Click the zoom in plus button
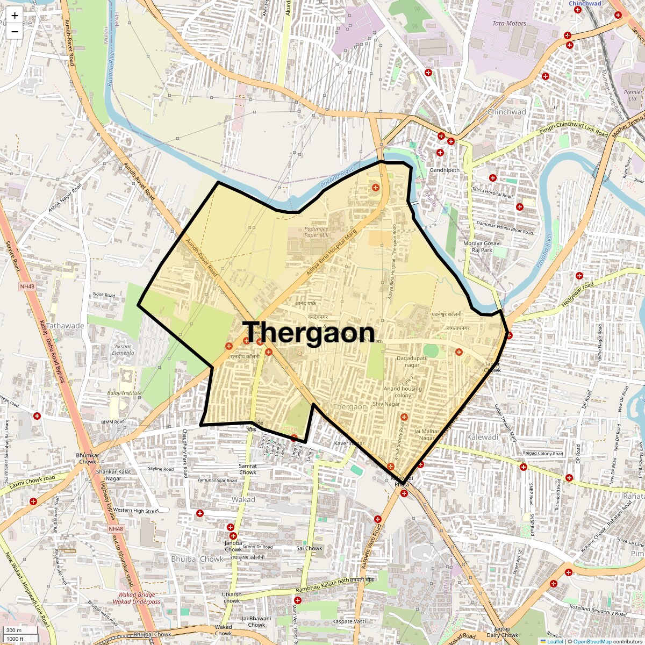pos(15,16)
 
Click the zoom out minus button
pos(15,32)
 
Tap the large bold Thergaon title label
pos(309,333)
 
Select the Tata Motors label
pos(509,23)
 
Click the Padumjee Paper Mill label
pos(316,232)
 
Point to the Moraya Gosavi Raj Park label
pos(482,247)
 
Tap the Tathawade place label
pos(65,326)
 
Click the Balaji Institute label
pos(124,393)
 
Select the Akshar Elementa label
pos(123,349)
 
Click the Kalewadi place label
pos(483,437)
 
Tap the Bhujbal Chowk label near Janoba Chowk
pos(197,559)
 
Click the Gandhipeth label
pos(445,170)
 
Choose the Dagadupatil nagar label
pos(412,361)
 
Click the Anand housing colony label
pos(403,392)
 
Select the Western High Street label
pos(136,510)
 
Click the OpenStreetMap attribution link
pos(592,641)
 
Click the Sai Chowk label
pos(309,548)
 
